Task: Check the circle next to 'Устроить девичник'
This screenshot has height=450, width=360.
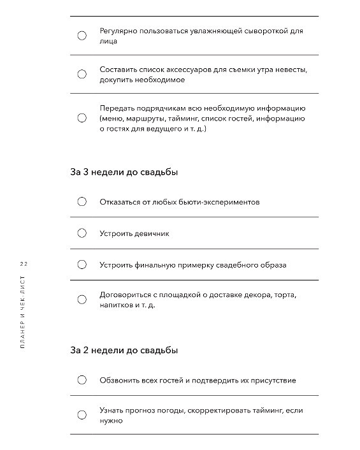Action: [82, 233]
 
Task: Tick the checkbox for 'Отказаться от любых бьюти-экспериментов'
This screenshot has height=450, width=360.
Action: [82, 202]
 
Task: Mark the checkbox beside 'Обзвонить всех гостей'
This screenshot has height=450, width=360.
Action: [82, 380]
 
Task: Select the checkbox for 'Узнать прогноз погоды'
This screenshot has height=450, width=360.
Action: [82, 415]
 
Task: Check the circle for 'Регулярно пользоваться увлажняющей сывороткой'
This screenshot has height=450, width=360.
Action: [82, 36]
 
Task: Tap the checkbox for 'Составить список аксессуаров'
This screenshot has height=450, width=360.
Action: [82, 75]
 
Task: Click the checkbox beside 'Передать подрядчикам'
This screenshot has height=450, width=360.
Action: [82, 118]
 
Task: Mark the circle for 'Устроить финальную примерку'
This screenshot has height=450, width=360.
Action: [82, 265]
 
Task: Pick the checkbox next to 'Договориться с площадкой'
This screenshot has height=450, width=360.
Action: [82, 300]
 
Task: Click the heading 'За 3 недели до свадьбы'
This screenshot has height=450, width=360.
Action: [124, 172]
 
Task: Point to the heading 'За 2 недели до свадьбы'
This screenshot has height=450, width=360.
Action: [124, 350]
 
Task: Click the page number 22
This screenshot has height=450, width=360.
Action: [24, 263]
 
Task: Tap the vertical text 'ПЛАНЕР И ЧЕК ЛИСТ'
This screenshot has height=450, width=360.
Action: [24, 312]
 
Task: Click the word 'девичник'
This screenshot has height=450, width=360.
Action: [152, 234]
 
